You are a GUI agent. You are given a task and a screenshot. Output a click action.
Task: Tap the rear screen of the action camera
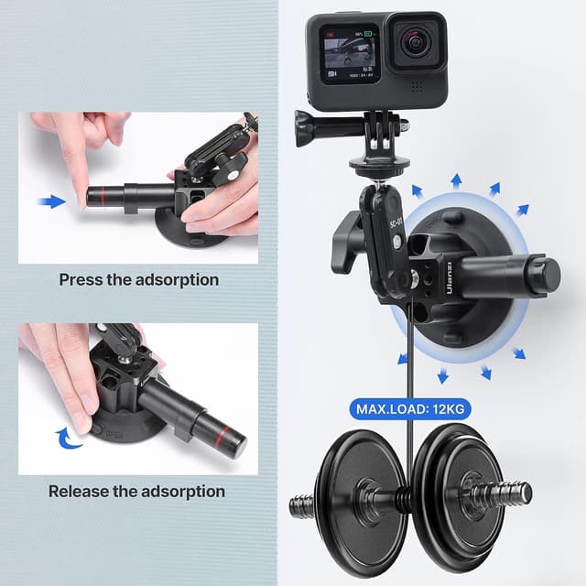(x=349, y=53)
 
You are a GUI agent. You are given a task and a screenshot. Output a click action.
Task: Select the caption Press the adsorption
(x=138, y=279)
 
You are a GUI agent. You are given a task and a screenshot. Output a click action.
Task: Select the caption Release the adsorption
(x=136, y=491)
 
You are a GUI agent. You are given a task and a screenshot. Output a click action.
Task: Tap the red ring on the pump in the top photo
(x=98, y=196)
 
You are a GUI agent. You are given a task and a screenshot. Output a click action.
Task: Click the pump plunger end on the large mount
(x=546, y=272)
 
